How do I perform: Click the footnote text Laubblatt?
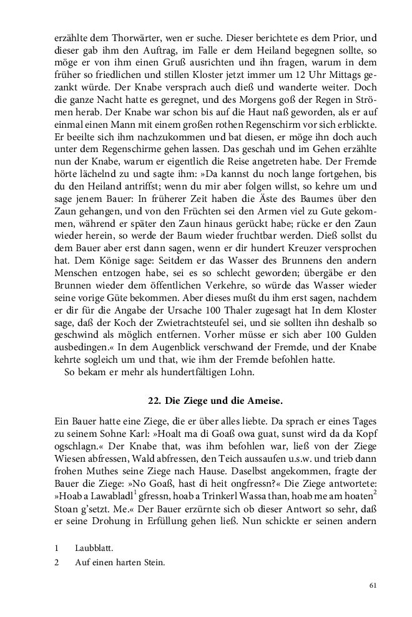pyautogui.click(x=94, y=549)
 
